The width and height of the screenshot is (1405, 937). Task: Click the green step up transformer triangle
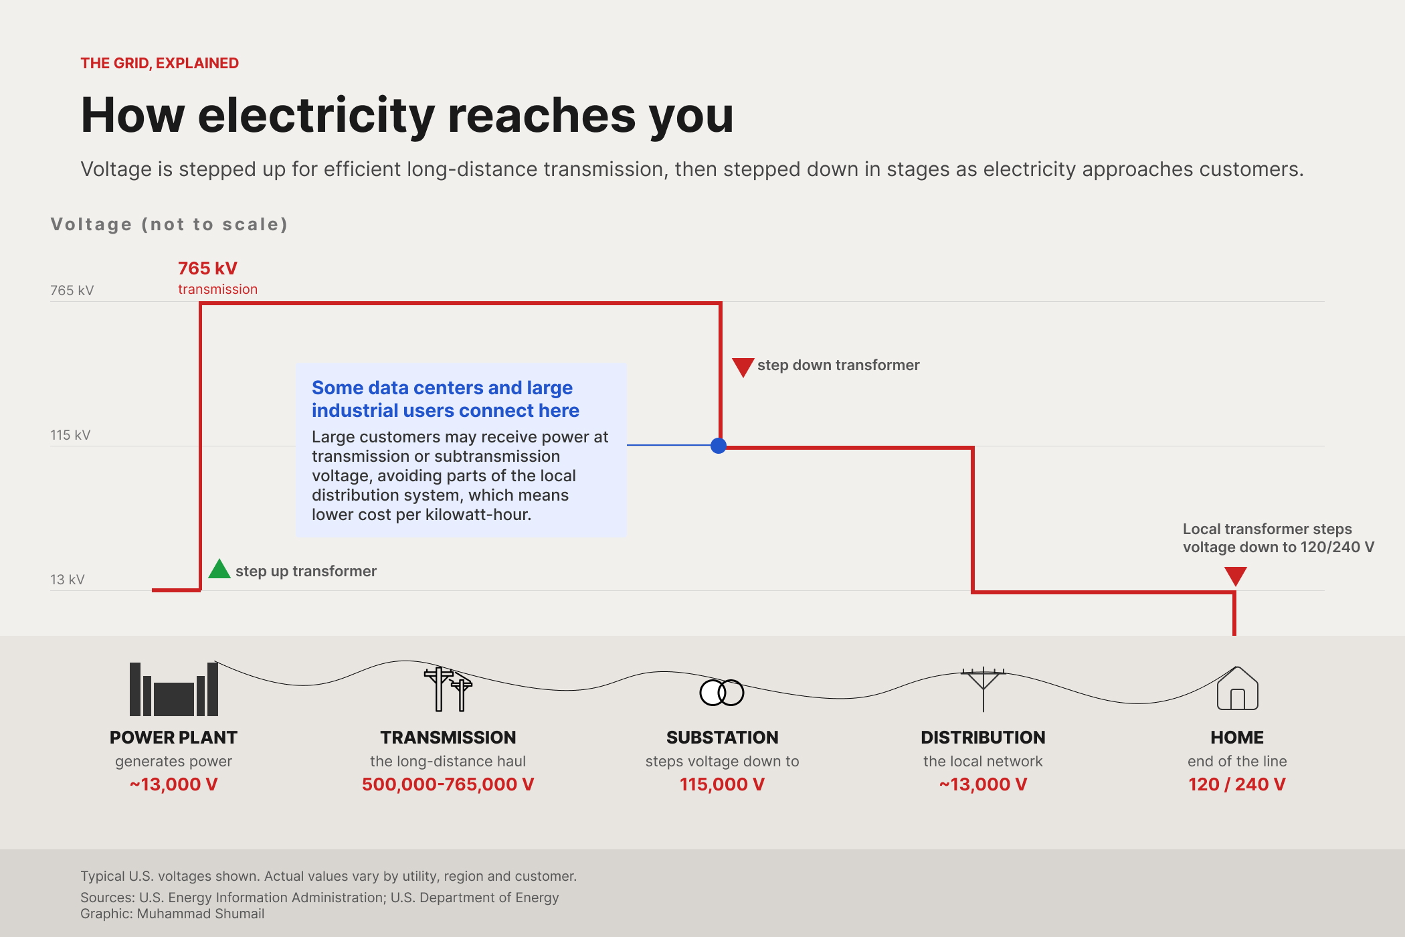pyautogui.click(x=219, y=570)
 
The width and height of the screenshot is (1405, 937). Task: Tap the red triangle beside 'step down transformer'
pyautogui.click(x=743, y=367)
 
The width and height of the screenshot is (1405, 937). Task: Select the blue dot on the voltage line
pyautogui.click(x=719, y=446)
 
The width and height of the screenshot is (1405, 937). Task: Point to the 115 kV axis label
pyautogui.click(x=70, y=435)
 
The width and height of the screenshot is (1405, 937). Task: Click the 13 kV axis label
pyautogui.click(x=68, y=580)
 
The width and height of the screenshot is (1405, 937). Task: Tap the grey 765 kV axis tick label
pyautogui.click(x=72, y=290)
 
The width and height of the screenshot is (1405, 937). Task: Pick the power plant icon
pyautogui.click(x=174, y=689)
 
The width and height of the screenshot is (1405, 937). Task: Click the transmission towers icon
pyautogui.click(x=448, y=689)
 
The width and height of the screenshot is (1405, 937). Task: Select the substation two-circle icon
pyautogui.click(x=722, y=693)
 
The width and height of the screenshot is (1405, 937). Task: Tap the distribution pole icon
pyautogui.click(x=983, y=689)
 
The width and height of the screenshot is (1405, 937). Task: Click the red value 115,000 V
pyautogui.click(x=722, y=784)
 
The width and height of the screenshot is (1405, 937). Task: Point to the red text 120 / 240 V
pyautogui.click(x=1237, y=784)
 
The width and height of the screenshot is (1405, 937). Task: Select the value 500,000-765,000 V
pyautogui.click(x=448, y=784)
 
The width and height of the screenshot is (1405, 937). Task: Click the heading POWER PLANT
pyautogui.click(x=174, y=738)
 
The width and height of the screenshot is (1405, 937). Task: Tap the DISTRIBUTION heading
pyautogui.click(x=983, y=738)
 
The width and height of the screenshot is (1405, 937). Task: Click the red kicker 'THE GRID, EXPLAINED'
pyautogui.click(x=160, y=63)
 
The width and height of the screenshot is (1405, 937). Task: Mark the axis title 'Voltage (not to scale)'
pyautogui.click(x=169, y=224)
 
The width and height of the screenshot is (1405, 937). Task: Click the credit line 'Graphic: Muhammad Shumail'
pyautogui.click(x=173, y=914)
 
